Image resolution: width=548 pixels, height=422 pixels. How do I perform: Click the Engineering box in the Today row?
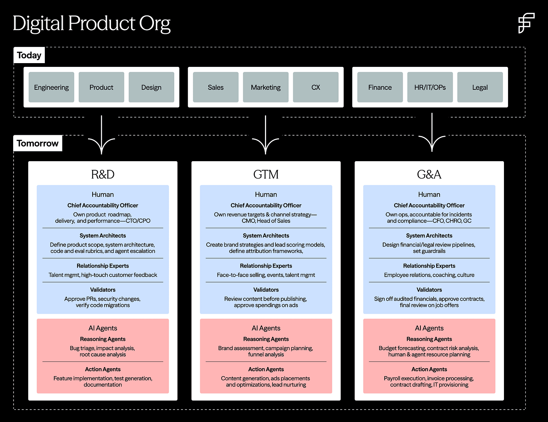52,87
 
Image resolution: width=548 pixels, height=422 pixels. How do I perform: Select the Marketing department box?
266,87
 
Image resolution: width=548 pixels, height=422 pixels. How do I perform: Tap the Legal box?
480,87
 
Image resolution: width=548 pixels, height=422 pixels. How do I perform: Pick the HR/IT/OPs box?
430,87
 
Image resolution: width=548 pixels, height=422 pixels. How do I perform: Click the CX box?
315,87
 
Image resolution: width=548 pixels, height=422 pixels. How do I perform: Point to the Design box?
151,87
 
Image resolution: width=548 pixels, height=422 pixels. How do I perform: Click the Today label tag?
29,55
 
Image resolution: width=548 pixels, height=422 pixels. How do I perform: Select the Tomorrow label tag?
38,143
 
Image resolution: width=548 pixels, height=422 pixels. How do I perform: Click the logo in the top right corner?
526,23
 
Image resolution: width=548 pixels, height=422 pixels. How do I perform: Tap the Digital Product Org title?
91,23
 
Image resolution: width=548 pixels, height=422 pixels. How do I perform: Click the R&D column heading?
103,174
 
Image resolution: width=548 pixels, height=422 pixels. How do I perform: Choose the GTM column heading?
266,174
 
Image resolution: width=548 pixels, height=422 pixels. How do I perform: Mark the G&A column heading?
429,174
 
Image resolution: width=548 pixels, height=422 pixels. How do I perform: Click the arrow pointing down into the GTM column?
266,135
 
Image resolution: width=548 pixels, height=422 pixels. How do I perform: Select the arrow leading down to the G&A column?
432,133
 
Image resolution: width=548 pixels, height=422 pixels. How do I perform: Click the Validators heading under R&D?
103,290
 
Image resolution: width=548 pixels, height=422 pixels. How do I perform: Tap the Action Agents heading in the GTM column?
266,369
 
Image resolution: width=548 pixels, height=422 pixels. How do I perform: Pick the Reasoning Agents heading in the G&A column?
429,339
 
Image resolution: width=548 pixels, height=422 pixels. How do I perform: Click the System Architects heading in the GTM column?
266,236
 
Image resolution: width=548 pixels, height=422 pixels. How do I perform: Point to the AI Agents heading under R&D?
103,328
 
